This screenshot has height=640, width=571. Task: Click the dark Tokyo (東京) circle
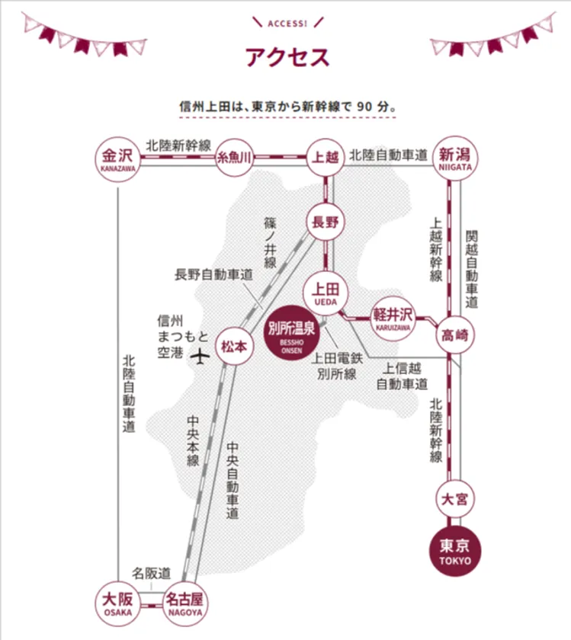point(455,551)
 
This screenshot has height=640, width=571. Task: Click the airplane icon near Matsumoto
point(200,357)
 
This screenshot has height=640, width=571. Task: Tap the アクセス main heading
point(287,57)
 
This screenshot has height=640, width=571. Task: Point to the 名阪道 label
point(151,574)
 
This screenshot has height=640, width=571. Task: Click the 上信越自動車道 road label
point(402,376)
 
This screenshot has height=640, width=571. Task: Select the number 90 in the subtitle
point(364,107)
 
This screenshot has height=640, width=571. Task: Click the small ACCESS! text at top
point(287,24)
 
